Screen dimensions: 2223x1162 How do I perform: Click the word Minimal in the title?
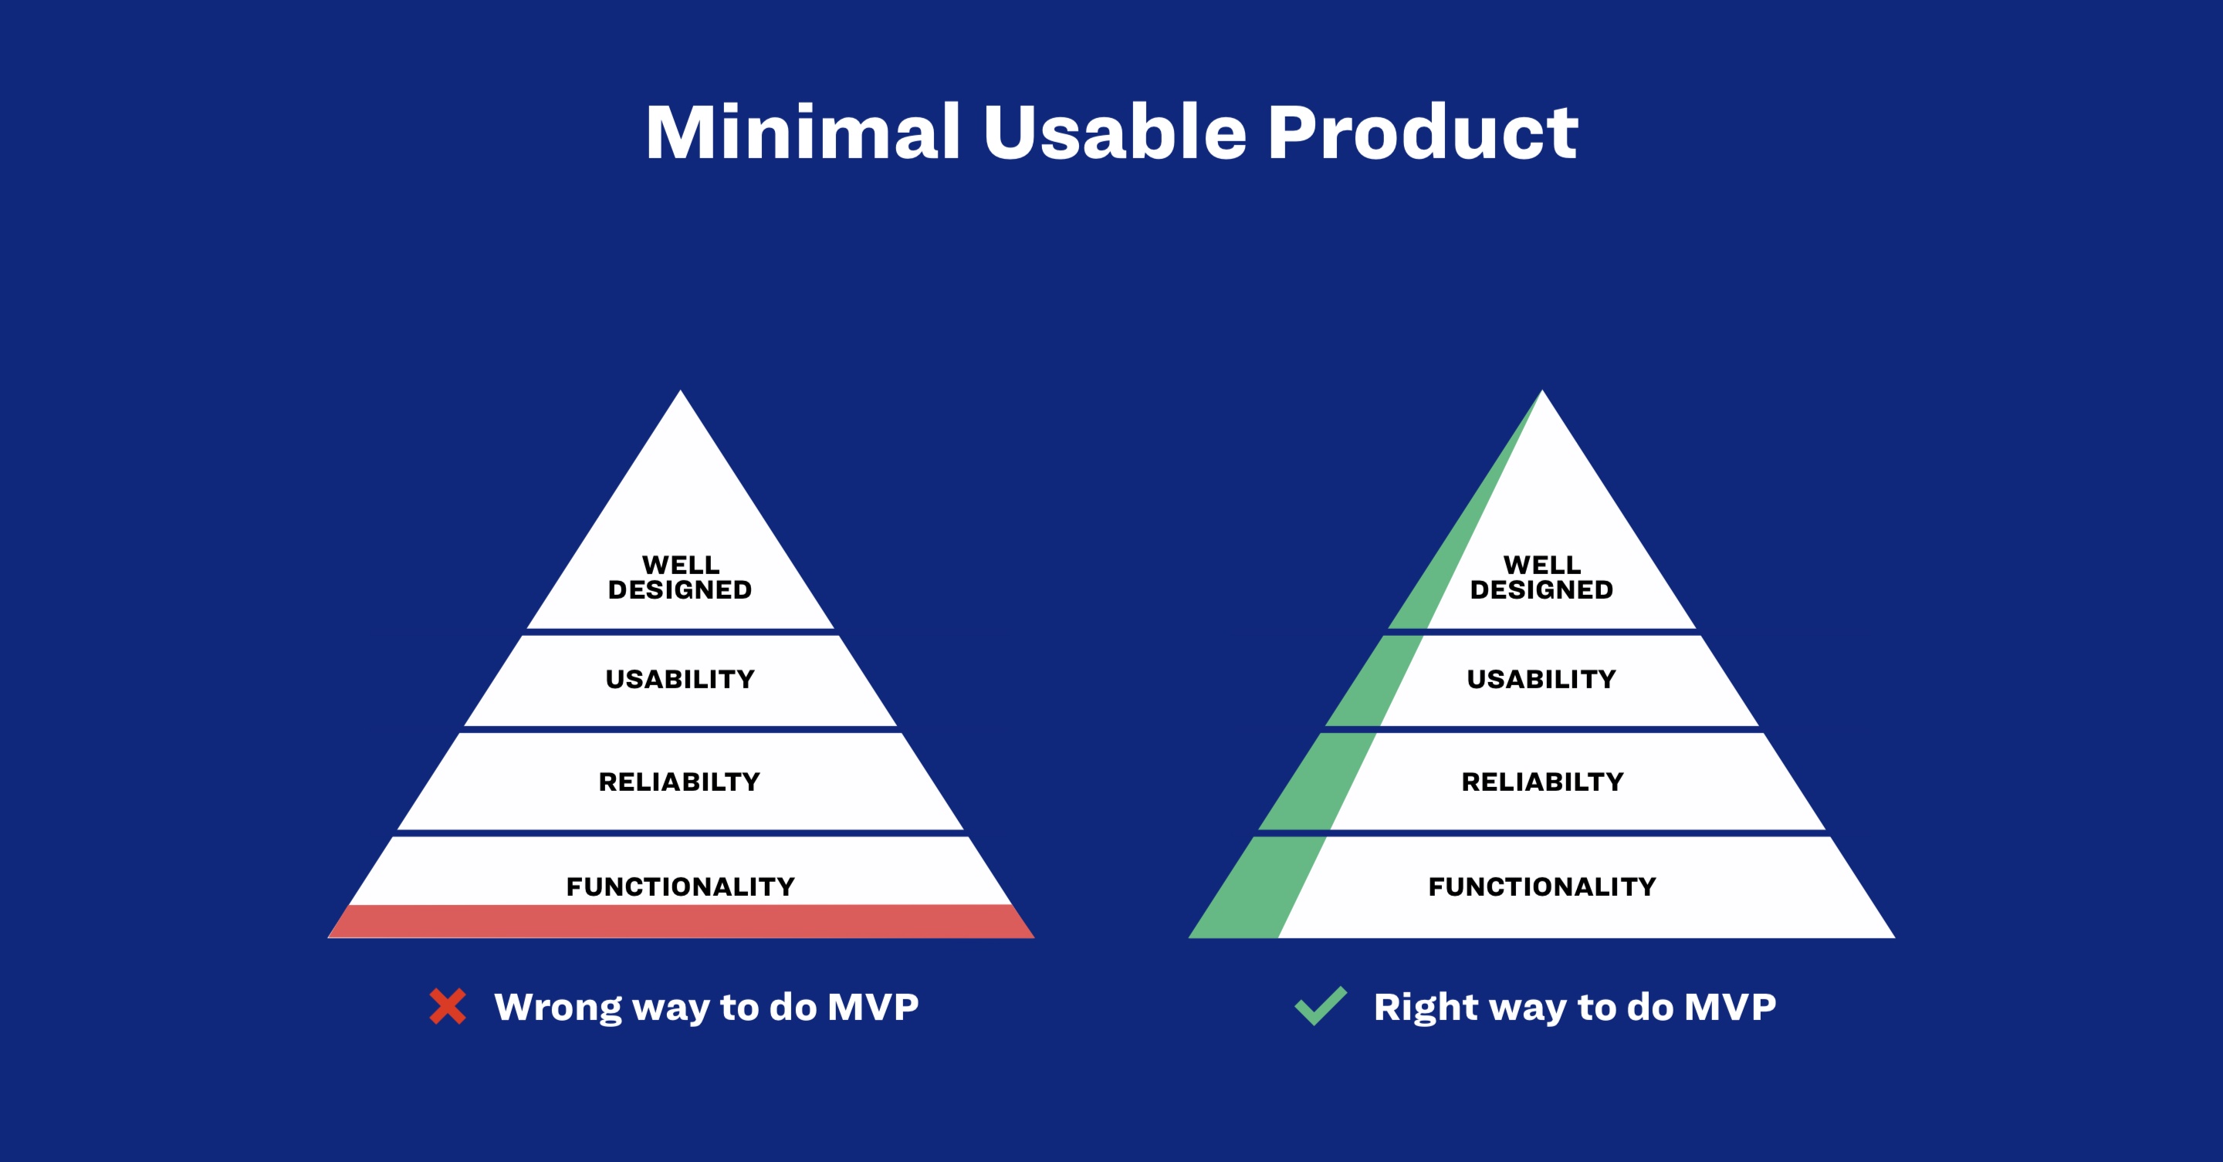coord(804,132)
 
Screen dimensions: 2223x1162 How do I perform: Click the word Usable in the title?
coord(1115,132)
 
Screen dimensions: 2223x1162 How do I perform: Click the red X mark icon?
coord(448,1006)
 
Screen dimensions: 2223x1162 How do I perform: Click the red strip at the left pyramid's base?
coord(681,921)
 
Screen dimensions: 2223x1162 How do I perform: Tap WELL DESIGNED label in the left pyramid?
coord(680,577)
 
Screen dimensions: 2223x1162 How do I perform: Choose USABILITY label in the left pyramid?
coord(680,679)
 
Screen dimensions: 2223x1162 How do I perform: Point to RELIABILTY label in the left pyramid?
coord(680,782)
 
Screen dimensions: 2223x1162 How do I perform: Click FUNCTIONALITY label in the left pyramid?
coord(680,886)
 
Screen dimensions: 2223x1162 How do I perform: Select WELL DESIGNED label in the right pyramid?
coord(1541,577)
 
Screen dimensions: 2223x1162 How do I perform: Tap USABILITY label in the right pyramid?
coord(1541,679)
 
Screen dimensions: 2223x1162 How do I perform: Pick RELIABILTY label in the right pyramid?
coord(1542,782)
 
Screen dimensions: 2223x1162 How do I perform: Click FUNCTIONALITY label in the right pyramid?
coord(1542,886)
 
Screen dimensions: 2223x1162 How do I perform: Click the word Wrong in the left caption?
coord(557,1008)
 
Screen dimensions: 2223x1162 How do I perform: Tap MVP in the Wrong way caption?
coord(873,1007)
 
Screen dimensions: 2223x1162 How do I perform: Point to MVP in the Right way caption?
coord(1731,1007)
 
